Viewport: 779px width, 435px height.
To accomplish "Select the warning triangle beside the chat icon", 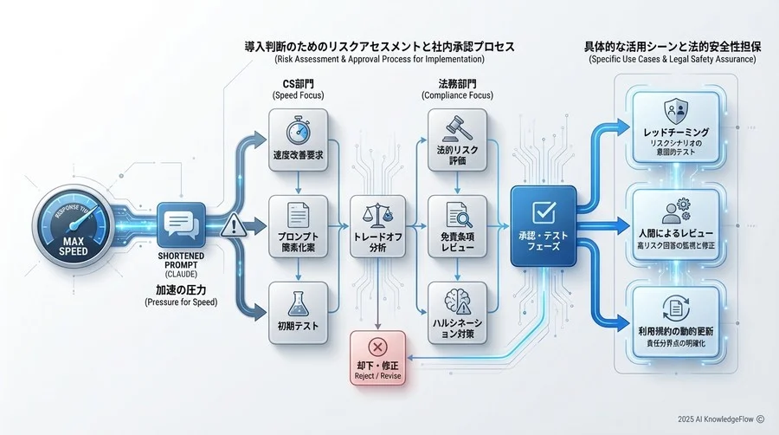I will (232, 228).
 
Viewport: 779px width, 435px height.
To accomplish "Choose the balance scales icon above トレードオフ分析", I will (377, 213).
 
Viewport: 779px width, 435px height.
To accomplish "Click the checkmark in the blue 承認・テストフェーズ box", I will (544, 211).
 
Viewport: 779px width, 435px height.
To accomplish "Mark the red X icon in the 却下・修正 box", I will (377, 347).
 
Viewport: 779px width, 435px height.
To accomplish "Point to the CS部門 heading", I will (297, 84).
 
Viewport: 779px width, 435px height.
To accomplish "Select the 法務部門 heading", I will (456, 84).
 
